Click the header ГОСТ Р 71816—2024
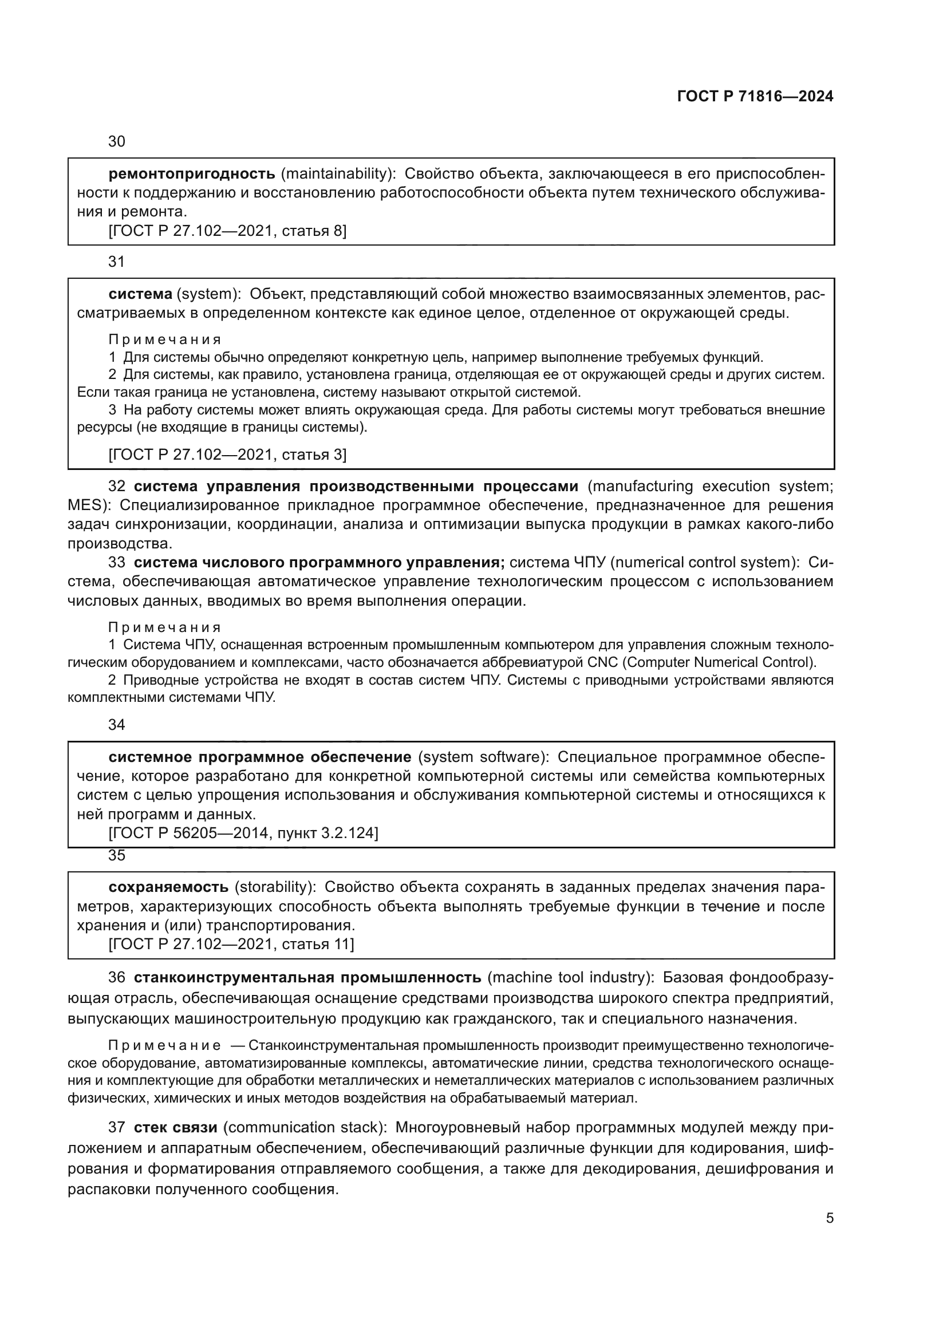(x=755, y=96)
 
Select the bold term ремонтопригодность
(x=192, y=174)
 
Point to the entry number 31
(x=117, y=262)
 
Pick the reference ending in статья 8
(x=227, y=231)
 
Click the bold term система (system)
(x=140, y=294)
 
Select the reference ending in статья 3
(x=227, y=455)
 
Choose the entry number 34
(x=117, y=724)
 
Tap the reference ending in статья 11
(x=231, y=943)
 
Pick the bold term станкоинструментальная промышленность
(x=307, y=977)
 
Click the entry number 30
(x=117, y=142)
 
